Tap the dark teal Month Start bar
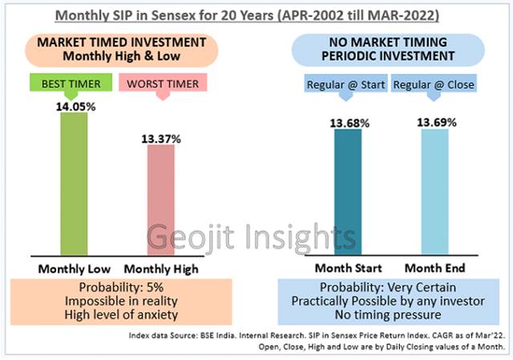tap(347, 192)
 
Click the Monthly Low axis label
tap(75, 268)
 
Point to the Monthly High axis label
tap(164, 268)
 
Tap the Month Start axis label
tap(347, 268)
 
